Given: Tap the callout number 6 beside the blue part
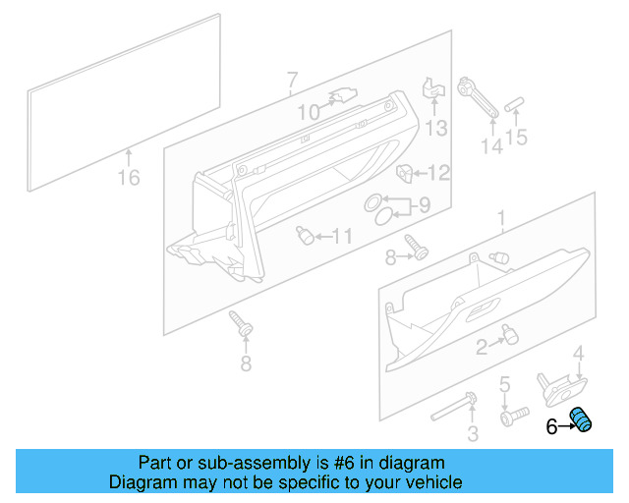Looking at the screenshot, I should coord(551,425).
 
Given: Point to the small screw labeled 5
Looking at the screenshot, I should coord(507,417).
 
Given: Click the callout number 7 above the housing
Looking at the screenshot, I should coord(292,80).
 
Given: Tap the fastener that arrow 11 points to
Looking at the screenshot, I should coord(306,235).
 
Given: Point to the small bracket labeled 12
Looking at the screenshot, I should coord(404,173).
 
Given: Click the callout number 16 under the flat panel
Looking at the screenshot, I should coord(129,178).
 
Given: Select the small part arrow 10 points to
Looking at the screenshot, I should coord(342,95).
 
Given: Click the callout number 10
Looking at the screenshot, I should coord(309,113).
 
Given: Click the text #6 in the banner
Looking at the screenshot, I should coord(349,463).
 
